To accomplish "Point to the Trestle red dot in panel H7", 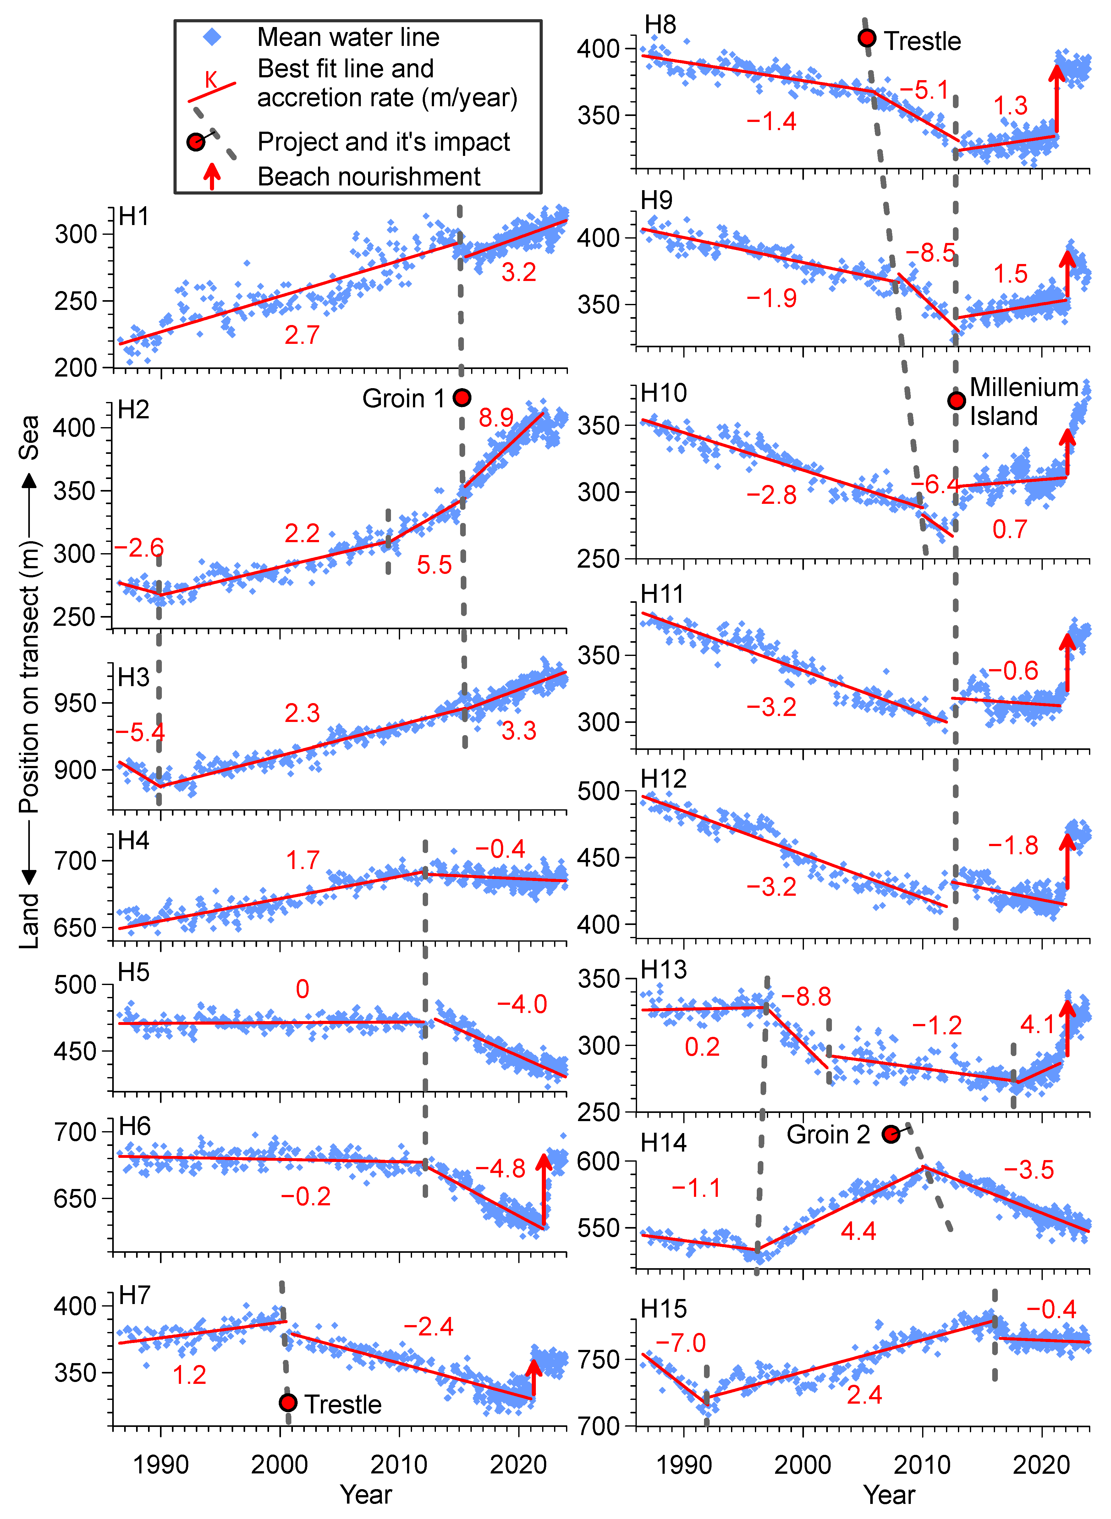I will click(x=288, y=1403).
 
